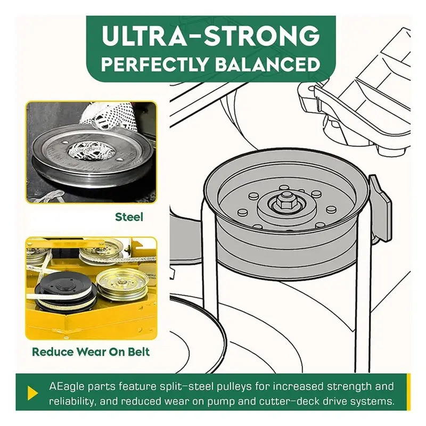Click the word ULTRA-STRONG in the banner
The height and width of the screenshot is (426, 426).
pyautogui.click(x=211, y=36)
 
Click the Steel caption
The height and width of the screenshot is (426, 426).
pyautogui.click(x=129, y=217)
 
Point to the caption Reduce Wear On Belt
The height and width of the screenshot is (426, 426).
pyautogui.click(x=91, y=352)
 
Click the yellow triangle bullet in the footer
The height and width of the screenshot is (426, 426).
pyautogui.click(x=32, y=393)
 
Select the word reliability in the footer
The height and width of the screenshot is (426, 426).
pyautogui.click(x=71, y=402)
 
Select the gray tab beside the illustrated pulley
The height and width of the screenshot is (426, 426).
pyautogui.click(x=380, y=208)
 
